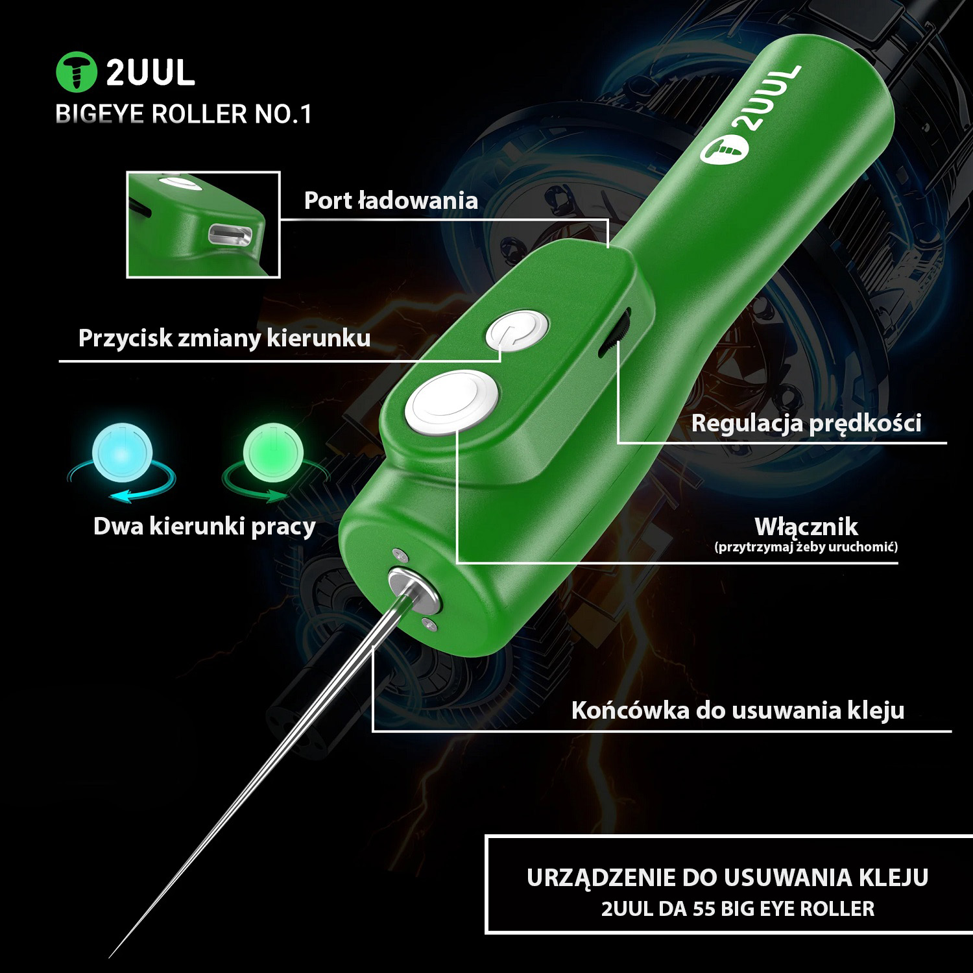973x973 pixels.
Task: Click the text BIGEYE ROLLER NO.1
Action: pos(184,114)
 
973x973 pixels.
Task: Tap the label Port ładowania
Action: pos(390,200)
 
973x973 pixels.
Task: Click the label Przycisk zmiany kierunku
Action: pos(224,338)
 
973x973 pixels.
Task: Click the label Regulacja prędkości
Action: pos(806,423)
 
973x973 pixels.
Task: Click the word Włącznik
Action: pos(806,525)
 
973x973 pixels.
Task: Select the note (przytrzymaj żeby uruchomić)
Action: pos(806,547)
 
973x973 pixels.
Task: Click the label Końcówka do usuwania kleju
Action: pos(738,710)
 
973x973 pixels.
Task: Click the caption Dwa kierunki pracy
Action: pos(204,526)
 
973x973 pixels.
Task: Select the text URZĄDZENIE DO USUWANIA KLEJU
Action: pos(728,877)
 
